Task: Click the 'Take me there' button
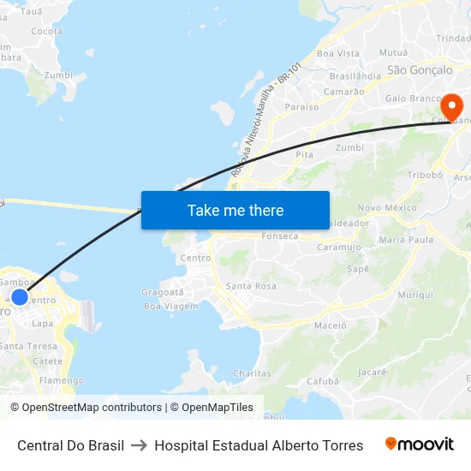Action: point(235,210)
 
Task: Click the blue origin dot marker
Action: point(20,297)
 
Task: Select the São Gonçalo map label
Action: point(420,69)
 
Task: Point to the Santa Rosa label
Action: point(251,286)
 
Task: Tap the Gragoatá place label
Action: point(163,292)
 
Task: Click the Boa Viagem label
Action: point(170,306)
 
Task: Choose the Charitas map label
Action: point(252,373)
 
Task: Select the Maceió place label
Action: point(331,325)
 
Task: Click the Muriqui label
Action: point(416,295)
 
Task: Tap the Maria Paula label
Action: point(406,240)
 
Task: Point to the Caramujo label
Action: point(339,247)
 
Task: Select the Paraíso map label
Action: point(301,107)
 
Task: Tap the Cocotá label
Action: point(46,31)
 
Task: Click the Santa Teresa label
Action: point(29,346)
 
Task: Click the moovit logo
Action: point(420,444)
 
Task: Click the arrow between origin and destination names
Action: point(140,445)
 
